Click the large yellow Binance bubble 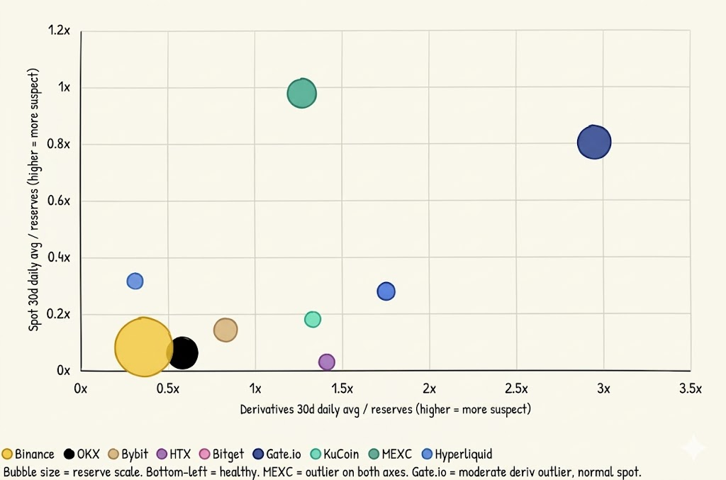click(x=143, y=347)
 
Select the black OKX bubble click(x=183, y=352)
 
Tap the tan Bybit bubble click(x=225, y=330)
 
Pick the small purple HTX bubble click(x=326, y=362)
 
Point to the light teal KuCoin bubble click(x=313, y=319)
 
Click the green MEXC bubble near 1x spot click(x=301, y=94)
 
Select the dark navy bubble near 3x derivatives click(x=594, y=142)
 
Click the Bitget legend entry click(x=222, y=454)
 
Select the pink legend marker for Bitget click(x=205, y=454)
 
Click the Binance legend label click(x=34, y=454)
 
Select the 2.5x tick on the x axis click(x=516, y=389)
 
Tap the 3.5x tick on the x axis click(x=690, y=389)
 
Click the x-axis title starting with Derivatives click(x=385, y=409)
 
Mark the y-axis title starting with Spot click(x=33, y=200)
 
